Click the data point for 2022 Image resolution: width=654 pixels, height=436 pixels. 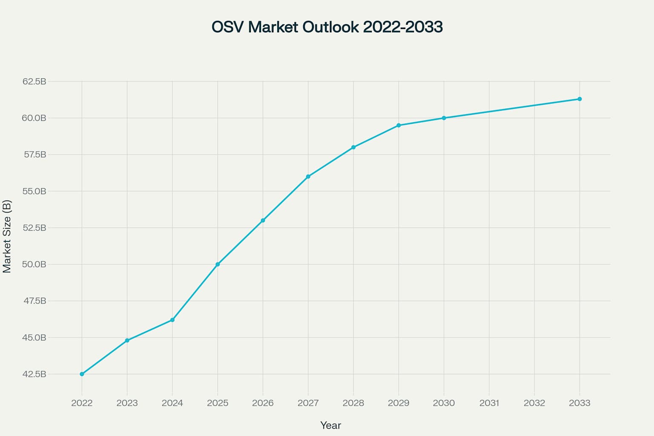tap(82, 374)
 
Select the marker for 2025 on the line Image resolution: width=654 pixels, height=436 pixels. tap(218, 264)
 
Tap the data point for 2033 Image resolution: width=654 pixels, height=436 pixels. tap(579, 99)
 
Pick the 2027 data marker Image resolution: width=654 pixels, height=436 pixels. tap(308, 176)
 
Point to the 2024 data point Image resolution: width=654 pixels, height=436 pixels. tap(172, 320)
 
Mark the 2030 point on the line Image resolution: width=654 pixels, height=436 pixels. tap(444, 118)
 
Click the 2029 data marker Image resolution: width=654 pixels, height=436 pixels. tap(399, 125)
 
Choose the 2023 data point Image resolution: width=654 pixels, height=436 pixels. tap(127, 340)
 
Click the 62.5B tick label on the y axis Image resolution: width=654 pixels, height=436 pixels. tap(34, 81)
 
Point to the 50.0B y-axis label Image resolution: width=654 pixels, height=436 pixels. tap(34, 264)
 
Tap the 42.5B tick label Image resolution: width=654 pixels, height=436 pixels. tap(34, 374)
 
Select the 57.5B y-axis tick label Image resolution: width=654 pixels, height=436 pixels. tap(34, 155)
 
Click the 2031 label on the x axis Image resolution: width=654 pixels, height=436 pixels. tap(489, 403)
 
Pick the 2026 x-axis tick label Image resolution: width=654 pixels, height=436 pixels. tap(263, 403)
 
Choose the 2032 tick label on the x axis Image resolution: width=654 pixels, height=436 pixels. tap(534, 403)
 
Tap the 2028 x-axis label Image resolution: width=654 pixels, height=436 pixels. tap(353, 403)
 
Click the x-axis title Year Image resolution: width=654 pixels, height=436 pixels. tap(330, 425)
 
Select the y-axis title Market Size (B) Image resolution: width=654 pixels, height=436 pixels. tap(7, 236)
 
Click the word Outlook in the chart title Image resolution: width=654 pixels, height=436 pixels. tap(330, 27)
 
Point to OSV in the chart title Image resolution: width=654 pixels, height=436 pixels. tap(228, 27)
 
